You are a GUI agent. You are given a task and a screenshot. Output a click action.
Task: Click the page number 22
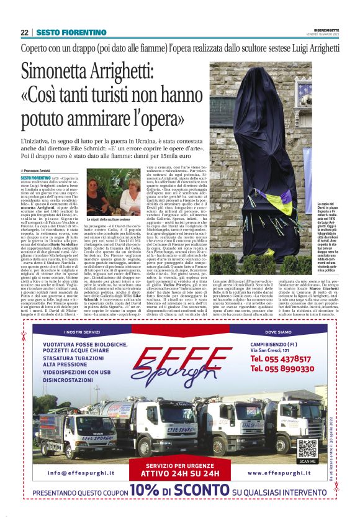pyautogui.click(x=24, y=32)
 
